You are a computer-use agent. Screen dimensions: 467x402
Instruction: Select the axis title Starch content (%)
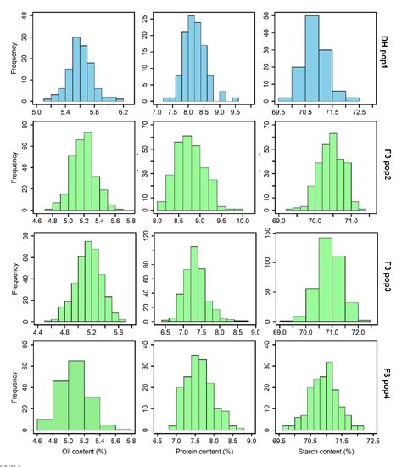[325, 450]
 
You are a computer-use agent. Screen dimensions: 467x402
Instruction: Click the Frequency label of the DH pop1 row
[11, 55]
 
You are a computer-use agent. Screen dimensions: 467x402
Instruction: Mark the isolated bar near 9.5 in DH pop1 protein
[235, 98]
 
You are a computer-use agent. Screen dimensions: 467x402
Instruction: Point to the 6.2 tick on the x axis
[123, 111]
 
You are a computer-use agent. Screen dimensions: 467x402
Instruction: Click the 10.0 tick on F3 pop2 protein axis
[242, 220]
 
